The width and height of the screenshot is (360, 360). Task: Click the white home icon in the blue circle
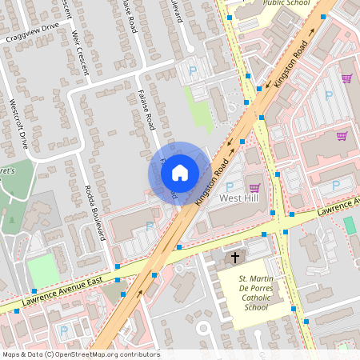coord(180,172)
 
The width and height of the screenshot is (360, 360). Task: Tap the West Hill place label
coord(242,198)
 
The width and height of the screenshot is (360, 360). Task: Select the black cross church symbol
coord(235,258)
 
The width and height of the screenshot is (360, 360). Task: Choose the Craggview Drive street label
coord(32,37)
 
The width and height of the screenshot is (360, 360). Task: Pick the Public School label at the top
coord(286,3)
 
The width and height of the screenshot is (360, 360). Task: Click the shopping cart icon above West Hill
coord(254,186)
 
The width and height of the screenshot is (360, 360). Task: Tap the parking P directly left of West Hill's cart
coord(229,186)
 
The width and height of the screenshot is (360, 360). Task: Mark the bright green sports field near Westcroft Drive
coord(43,270)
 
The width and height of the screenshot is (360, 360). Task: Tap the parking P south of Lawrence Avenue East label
coord(64,330)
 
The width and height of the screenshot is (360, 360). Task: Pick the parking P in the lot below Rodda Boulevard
coord(150,226)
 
